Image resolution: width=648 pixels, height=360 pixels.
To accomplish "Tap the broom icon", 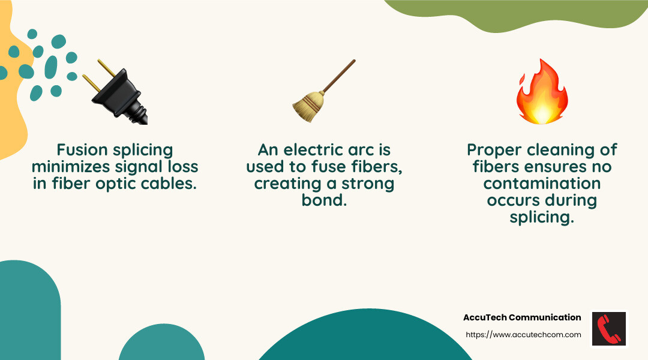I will pos(318,93).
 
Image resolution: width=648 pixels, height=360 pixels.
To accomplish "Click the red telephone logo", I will pos(609,329).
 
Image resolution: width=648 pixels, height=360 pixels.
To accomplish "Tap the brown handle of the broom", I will pos(338,76).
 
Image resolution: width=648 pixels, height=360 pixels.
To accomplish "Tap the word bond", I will pos(324,200).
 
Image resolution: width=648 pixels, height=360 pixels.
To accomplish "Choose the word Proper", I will pos(495,149).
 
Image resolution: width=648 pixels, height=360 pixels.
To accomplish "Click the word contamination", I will pos(542,183).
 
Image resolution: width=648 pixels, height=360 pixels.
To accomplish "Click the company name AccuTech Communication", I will pos(522,317).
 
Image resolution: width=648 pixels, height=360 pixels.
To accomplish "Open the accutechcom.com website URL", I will pos(523,335).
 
